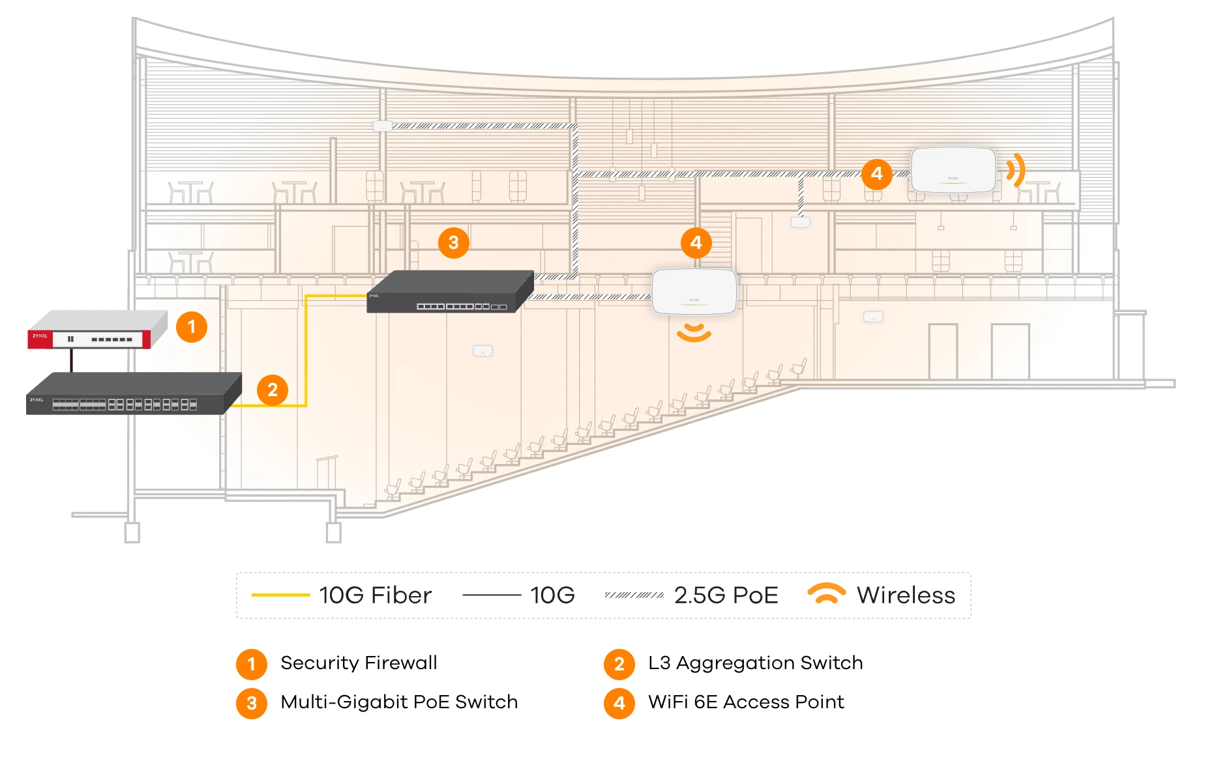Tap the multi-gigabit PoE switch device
450,292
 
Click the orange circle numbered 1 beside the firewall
192,327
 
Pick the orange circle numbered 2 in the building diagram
273,390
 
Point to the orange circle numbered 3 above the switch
454,243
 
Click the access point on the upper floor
953,170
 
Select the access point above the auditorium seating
694,291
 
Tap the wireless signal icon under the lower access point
694,332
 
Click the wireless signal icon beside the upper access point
1015,171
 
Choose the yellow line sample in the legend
280,595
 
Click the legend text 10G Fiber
375,595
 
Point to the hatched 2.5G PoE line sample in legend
634,595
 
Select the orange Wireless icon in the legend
826,594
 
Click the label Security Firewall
359,663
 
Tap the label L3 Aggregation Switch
755,663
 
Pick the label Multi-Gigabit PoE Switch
399,702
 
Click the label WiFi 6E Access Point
746,702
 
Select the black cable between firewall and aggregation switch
72,360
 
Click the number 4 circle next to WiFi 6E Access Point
619,704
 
